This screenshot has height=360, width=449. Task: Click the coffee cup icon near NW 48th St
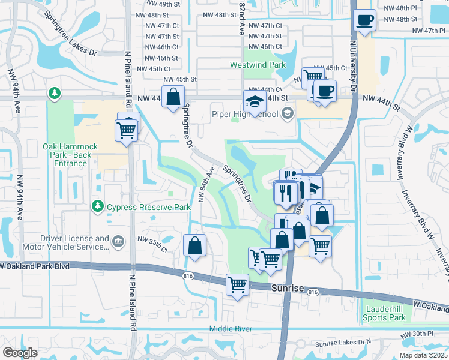364,20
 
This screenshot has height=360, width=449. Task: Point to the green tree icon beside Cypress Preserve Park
97,206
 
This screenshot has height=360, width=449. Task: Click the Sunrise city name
285,288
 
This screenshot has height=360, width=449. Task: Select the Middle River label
231,328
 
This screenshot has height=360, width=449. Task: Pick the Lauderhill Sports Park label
385,313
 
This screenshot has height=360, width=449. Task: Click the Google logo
20,353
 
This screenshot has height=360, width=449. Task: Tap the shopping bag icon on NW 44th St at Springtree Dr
173,97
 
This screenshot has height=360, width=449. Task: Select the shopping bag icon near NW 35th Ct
195,245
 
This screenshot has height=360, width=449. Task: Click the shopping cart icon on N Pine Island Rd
126,129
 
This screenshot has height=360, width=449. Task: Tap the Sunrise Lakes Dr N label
344,342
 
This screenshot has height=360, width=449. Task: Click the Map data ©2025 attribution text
423,355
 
